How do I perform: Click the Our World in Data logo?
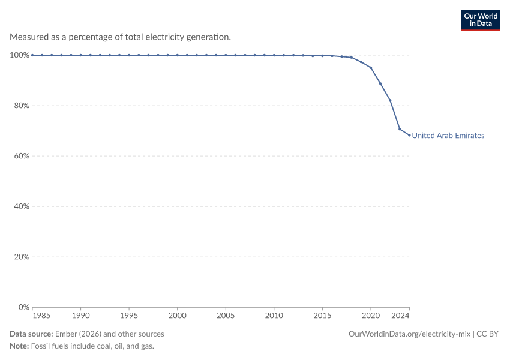481,20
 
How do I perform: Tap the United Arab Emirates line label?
448,135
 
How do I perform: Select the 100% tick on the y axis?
20,55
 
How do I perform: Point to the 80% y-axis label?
22,106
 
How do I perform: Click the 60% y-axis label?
22,156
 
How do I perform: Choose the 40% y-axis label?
22,206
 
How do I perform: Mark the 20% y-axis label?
22,257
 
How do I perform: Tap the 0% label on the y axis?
24,307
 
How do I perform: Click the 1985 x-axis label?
41,316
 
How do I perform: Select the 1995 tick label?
129,316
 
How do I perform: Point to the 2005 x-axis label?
226,316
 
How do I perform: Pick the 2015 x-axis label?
322,316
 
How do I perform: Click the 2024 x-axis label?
400,316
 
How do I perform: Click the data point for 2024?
409,135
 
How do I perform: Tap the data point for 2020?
371,68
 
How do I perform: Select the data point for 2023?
400,129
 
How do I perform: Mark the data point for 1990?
80,55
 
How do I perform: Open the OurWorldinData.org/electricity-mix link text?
409,334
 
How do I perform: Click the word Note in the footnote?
19,346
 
